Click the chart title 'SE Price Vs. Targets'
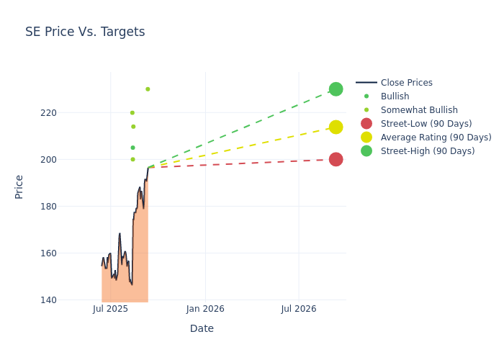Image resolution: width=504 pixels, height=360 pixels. click(x=85, y=32)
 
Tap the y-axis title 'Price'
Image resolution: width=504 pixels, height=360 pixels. click(x=19, y=186)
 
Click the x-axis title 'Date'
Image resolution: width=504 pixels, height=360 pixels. click(x=202, y=328)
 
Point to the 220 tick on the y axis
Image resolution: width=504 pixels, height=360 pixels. click(x=49, y=113)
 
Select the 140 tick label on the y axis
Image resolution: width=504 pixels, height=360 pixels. click(x=49, y=300)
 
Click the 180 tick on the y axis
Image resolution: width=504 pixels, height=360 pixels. click(x=49, y=207)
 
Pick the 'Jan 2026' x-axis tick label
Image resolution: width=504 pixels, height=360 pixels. click(x=205, y=309)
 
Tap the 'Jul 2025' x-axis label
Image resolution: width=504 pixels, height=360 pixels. click(x=111, y=309)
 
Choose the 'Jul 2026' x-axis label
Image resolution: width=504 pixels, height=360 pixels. click(x=299, y=309)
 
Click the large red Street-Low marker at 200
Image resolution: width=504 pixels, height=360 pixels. click(x=336, y=159)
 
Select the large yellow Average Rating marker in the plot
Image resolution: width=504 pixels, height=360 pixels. click(x=336, y=127)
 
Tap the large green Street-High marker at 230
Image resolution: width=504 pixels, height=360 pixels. click(x=336, y=89)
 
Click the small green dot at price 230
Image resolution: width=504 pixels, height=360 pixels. click(x=148, y=89)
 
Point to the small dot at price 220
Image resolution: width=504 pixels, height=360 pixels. click(x=132, y=112)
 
